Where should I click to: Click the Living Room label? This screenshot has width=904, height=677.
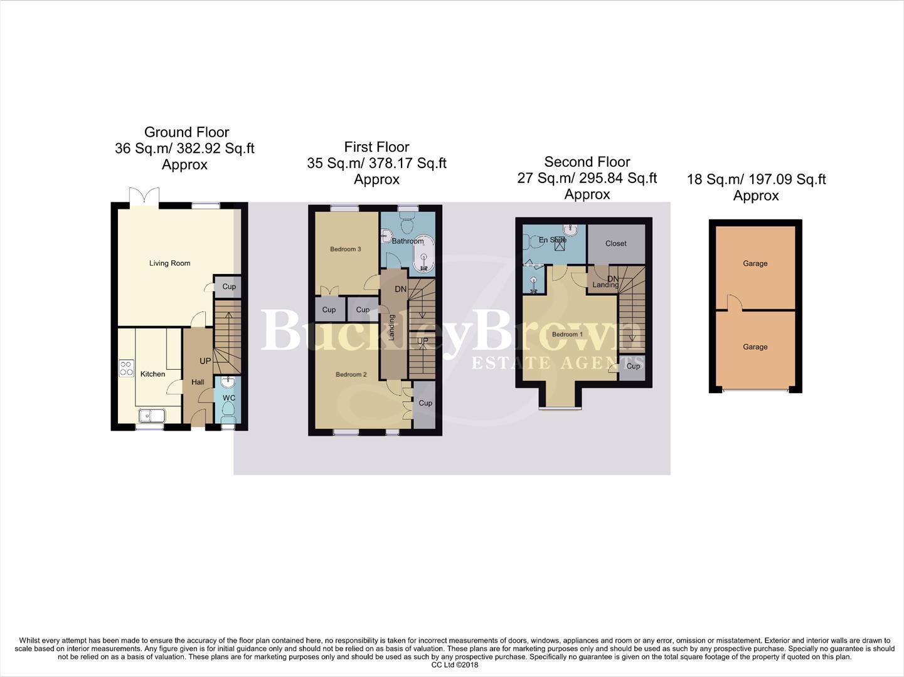point(169,263)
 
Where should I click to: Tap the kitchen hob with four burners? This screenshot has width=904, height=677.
point(127,368)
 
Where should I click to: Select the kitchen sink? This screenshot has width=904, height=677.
point(151,415)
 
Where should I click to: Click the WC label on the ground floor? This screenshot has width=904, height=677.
point(229,398)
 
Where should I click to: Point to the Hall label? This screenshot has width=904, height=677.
point(198,382)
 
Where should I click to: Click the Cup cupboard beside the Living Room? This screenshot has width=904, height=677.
point(229,286)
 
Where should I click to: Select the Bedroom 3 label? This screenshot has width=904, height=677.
point(346,249)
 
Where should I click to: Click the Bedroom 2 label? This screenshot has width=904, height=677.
point(351,375)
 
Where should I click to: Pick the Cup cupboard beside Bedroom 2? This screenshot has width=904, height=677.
point(425,403)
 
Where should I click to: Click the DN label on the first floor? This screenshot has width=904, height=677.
point(400,290)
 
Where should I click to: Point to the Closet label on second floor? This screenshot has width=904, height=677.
point(616,244)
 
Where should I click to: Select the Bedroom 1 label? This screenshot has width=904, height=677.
point(567,335)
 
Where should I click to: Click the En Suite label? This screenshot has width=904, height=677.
point(552,240)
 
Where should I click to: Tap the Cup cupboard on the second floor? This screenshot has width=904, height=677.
point(633,366)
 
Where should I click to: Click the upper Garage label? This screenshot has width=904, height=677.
point(755,264)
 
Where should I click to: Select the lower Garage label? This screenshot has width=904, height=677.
point(755,347)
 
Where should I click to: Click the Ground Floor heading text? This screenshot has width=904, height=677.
point(186,132)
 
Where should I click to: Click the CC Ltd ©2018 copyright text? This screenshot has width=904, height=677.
point(455,665)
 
